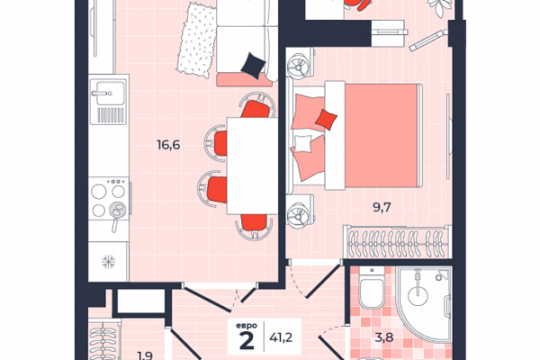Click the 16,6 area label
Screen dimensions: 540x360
pyautogui.click(x=168, y=145)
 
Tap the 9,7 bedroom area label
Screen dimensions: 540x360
pyautogui.click(x=382, y=207)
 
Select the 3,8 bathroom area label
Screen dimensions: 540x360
pyautogui.click(x=384, y=337)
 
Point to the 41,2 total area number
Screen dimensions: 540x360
pyautogui.click(x=281, y=337)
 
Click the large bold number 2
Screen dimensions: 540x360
pyautogui.click(x=247, y=341)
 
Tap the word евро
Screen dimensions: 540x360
pyautogui.click(x=247, y=325)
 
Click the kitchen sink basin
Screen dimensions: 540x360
pyautogui.click(x=109, y=93)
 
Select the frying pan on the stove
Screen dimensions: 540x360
pyautogui.click(x=117, y=213)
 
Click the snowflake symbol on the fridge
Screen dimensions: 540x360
pyautogui.click(x=109, y=262)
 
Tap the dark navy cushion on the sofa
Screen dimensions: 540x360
pyautogui.click(x=254, y=65)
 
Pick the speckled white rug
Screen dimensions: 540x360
pyautogui.click(x=196, y=40)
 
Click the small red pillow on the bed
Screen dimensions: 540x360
pyautogui.click(x=326, y=119)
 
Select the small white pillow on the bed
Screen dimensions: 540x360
pyautogui.click(x=302, y=143)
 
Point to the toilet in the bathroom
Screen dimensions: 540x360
pyautogui.click(x=371, y=289)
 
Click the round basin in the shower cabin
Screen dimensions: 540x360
pyautogui.click(x=418, y=295)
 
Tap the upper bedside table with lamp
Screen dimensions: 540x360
pyautogui.click(x=301, y=63)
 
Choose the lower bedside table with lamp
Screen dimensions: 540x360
pyautogui.click(x=301, y=211)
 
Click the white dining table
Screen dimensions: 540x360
pyautogui.click(x=252, y=166)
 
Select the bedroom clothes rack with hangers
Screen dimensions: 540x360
pyautogui.click(x=398, y=241)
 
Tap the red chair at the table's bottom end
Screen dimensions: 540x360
pyautogui.click(x=254, y=226)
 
